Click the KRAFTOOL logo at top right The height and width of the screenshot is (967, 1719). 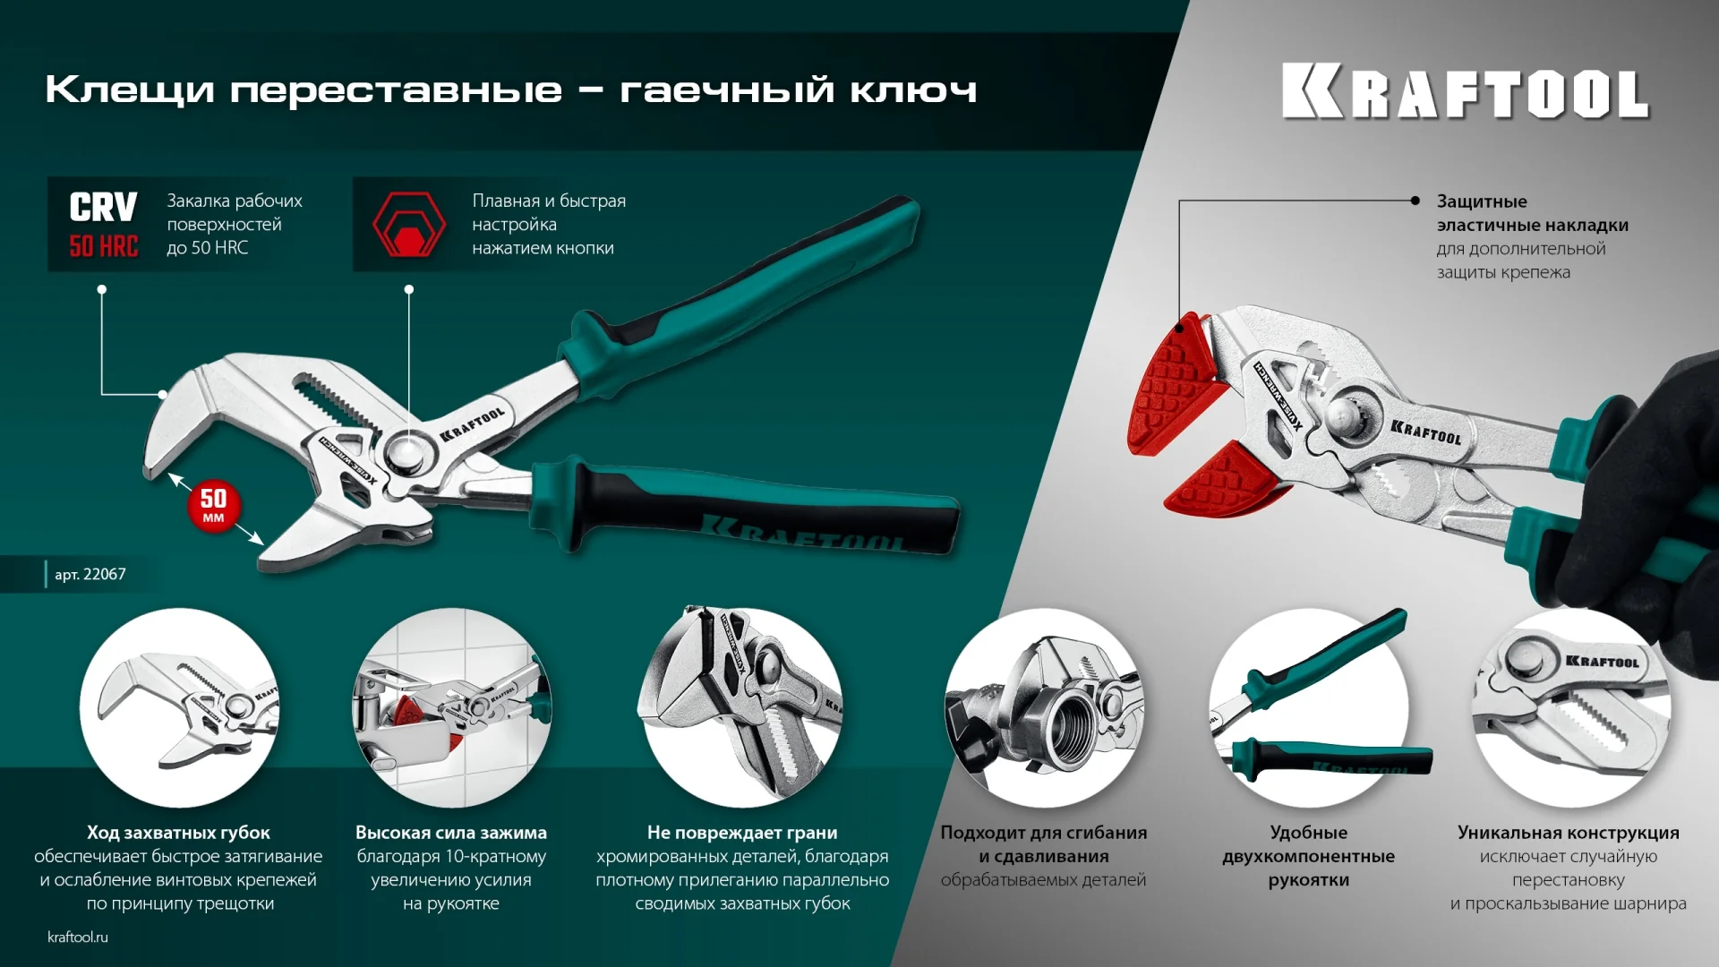click(x=1465, y=91)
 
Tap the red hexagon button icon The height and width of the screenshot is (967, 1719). click(x=408, y=225)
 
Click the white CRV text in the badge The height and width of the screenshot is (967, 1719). click(x=103, y=207)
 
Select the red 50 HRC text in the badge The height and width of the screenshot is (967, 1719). click(x=104, y=246)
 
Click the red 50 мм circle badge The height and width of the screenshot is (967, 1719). click(x=213, y=506)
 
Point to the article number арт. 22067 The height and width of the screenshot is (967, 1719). click(x=90, y=574)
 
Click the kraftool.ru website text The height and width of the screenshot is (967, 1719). click(x=78, y=937)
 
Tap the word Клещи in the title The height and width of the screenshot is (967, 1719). click(x=130, y=90)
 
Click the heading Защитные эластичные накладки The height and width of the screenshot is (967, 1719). click(x=1532, y=213)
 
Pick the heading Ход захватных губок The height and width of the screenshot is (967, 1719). click(x=178, y=833)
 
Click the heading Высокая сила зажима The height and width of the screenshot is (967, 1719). click(x=451, y=833)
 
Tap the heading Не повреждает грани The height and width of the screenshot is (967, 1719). click(x=742, y=833)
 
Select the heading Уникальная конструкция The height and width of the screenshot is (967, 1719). click(x=1568, y=833)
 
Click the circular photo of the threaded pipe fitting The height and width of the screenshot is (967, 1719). click(x=1044, y=707)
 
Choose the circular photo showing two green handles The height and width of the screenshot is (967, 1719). click(x=1308, y=707)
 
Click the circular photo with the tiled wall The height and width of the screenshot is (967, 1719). click(x=451, y=707)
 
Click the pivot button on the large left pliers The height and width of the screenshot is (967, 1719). click(x=407, y=452)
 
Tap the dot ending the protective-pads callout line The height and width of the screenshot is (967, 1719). click(x=1415, y=201)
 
